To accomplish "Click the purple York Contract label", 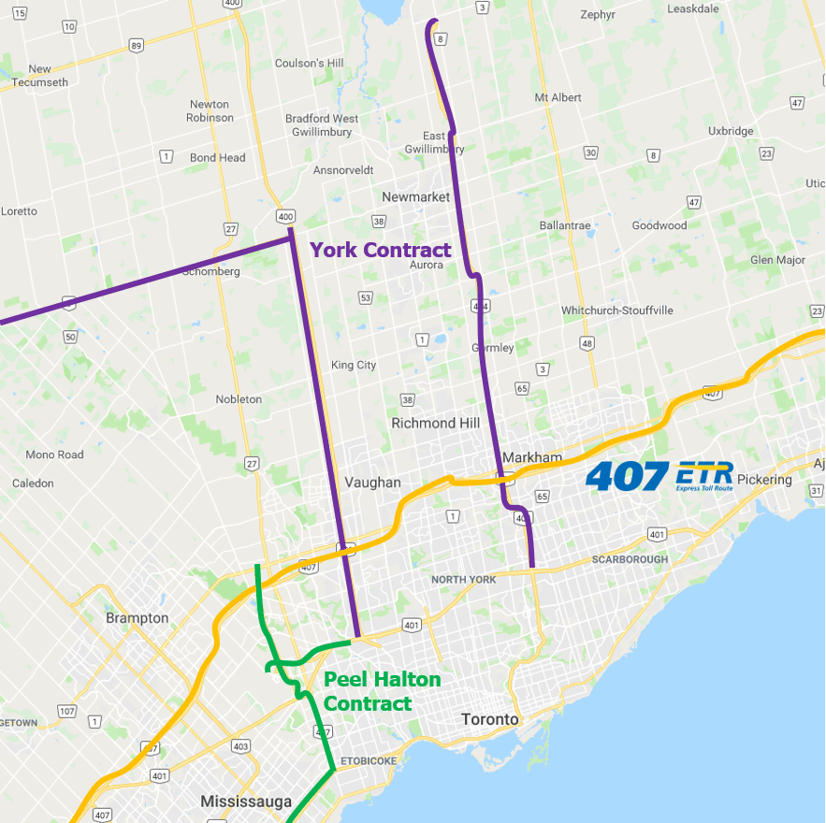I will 381,250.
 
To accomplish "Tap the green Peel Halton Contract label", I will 382,691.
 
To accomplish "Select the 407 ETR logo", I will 659,475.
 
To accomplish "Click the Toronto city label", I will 489,719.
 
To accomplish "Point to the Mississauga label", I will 246,801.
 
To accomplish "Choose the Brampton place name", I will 138,618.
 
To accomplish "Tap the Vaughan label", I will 372,483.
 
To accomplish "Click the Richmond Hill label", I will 435,423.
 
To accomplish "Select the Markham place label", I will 532,457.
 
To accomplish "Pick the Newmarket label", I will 415,197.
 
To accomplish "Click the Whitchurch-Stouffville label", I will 617,310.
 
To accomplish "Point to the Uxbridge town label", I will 731,131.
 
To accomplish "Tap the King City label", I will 354,365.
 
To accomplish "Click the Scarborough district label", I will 630,559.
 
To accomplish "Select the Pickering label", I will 764,480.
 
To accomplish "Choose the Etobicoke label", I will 369,761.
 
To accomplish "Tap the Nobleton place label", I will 239,399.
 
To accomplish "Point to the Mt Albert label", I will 558,97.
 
